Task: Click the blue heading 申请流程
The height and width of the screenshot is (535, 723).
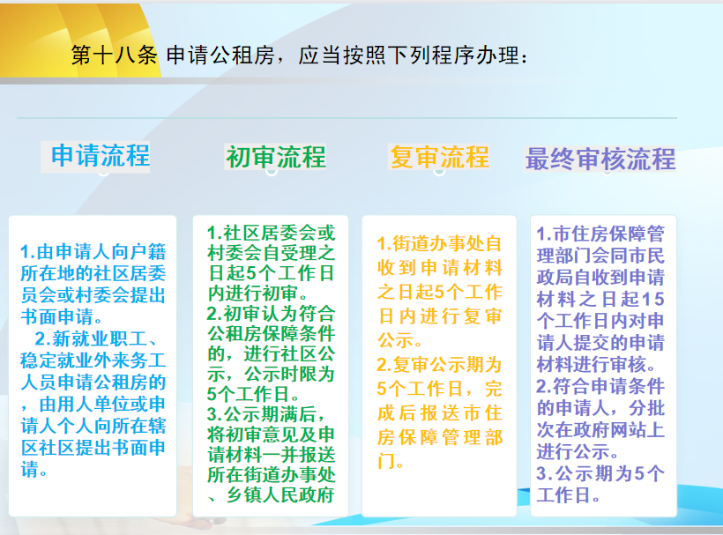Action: pyautogui.click(x=100, y=155)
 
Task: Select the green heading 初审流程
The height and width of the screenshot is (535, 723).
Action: pyautogui.click(x=276, y=157)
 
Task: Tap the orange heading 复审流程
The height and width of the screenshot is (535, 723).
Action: pyautogui.click(x=439, y=157)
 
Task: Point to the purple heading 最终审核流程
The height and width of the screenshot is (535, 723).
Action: pyautogui.click(x=600, y=159)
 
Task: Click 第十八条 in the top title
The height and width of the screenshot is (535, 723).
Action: pyautogui.click(x=114, y=56)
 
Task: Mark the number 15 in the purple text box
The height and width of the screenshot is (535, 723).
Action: pyautogui.click(x=653, y=300)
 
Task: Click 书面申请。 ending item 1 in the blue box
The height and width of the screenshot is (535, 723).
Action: pyautogui.click(x=62, y=317)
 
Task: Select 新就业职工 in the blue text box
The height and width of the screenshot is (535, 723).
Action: pyautogui.click(x=99, y=338)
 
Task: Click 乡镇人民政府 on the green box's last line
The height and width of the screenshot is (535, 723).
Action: pyautogui.click(x=280, y=495)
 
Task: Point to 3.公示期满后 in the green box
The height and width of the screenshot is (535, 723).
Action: pyautogui.click(x=265, y=414)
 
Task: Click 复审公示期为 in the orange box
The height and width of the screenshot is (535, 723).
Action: pyautogui.click(x=438, y=365)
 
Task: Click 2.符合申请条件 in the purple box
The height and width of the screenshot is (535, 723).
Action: pyautogui.click(x=600, y=386)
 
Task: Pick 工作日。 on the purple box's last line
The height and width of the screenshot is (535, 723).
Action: pyautogui.click(x=568, y=495)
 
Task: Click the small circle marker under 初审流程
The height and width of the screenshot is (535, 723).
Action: pyautogui.click(x=272, y=171)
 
